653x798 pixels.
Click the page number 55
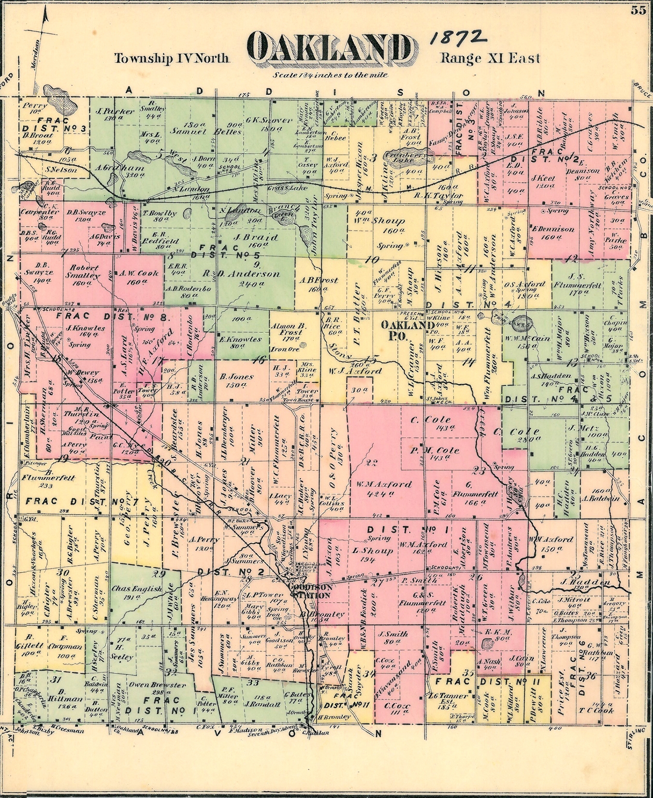point(638,11)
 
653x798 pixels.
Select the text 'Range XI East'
point(490,58)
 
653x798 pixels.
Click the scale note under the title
point(331,75)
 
